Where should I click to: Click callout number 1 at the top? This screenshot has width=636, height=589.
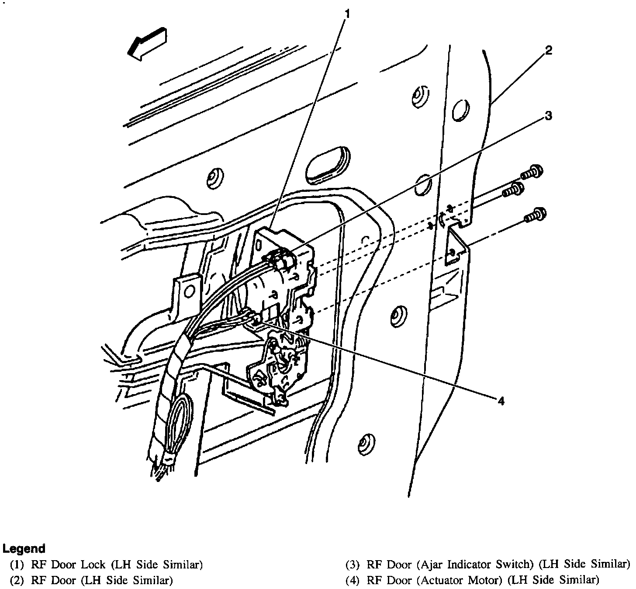(x=347, y=14)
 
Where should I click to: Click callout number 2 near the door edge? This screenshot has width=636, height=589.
(x=549, y=50)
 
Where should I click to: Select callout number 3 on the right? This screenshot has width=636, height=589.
(x=548, y=116)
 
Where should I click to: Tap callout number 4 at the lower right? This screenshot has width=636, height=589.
(x=501, y=401)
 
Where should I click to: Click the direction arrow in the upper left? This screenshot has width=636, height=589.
(x=147, y=43)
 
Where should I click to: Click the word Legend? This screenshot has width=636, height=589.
(x=24, y=548)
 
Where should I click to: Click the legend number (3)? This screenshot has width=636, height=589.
(x=352, y=565)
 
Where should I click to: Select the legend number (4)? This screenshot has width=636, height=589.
(x=352, y=580)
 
